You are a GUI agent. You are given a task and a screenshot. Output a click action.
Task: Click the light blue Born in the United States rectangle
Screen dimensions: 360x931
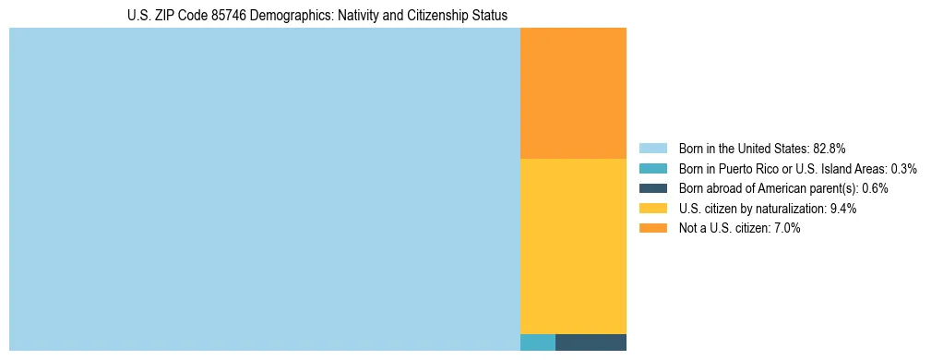[x=265, y=189]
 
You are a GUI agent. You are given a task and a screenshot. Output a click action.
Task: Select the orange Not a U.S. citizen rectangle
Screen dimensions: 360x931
[x=573, y=93]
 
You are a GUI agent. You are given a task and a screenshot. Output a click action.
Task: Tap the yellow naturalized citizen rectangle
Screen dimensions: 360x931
[x=573, y=246]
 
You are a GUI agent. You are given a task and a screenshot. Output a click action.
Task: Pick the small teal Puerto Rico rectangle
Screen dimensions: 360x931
[x=538, y=342]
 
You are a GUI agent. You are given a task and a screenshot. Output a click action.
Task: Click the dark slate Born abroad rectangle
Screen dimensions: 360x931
[x=591, y=342]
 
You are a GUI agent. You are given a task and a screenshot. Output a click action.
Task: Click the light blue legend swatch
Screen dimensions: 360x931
[x=652, y=149]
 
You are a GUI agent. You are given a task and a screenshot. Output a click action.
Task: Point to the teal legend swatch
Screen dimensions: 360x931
[x=652, y=169]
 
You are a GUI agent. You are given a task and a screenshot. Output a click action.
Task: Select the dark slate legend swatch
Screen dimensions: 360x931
[x=652, y=188]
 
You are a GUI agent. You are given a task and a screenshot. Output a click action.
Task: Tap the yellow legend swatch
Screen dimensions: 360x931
[x=652, y=209]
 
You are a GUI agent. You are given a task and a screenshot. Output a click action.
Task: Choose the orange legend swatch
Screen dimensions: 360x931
[x=652, y=228]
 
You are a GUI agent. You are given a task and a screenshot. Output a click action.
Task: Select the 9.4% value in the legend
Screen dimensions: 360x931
[x=843, y=209]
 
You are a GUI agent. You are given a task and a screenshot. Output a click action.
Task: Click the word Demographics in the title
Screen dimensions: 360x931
[x=293, y=16]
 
